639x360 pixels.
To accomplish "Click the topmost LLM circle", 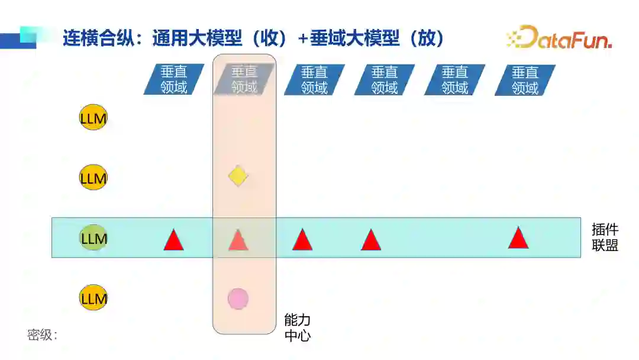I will [x=93, y=118].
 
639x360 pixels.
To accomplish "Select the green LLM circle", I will [x=93, y=239].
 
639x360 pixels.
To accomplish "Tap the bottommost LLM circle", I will [x=93, y=298].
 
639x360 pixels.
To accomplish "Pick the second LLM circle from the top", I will [x=93, y=178].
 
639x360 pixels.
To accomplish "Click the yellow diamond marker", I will [x=238, y=176].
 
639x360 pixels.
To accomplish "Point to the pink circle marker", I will [x=238, y=298].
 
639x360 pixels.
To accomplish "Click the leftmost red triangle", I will [x=173, y=239].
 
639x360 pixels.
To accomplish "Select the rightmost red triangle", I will [x=518, y=238].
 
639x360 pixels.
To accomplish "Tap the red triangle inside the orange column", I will [x=238, y=239].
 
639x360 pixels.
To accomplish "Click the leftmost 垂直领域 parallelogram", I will [x=174, y=80].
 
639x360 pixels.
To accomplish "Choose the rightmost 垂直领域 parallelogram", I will [x=525, y=80].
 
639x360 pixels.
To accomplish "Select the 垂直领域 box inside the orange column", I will [x=244, y=80].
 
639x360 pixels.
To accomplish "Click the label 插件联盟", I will [x=605, y=237].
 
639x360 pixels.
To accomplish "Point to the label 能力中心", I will [x=297, y=328].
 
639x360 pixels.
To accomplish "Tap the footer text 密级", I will [x=42, y=335].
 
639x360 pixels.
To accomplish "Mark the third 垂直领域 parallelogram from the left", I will [x=314, y=80].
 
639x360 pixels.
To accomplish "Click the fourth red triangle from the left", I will [x=370, y=240].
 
